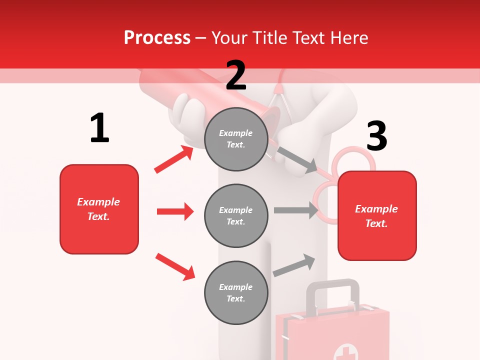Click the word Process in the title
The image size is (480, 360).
coord(157,37)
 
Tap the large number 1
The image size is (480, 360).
coord(99,128)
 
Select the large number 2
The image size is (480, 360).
coord(236,75)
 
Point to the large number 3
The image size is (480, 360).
coord(376,136)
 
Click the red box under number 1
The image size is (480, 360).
coord(99,209)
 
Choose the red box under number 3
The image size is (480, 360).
coord(377,216)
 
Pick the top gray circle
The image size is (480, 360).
coord(236,139)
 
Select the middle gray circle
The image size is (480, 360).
coord(236,216)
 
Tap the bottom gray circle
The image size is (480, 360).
coord(236,293)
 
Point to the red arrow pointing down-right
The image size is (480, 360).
coord(175,266)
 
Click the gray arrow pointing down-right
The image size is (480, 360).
coord(296,159)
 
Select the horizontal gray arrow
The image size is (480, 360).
coord(295,210)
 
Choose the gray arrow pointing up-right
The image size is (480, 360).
coord(294,265)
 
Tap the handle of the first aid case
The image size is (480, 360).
coord(332,286)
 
